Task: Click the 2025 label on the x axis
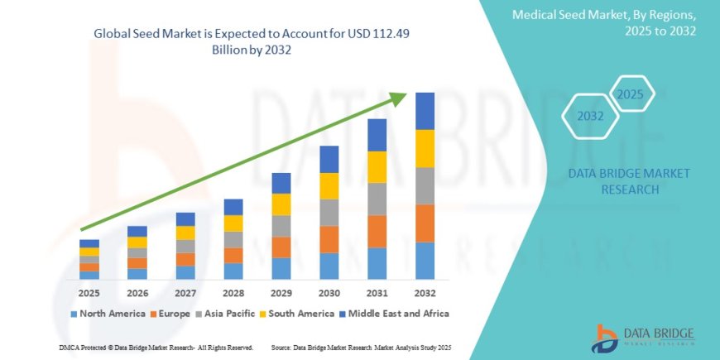coord(89,292)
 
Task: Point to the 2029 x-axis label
coord(281,292)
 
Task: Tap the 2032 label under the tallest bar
coord(425,292)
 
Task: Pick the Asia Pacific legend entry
coord(229,314)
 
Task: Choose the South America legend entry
coord(300,314)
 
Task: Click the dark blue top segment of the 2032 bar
coord(425,111)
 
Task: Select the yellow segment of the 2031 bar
coord(377,167)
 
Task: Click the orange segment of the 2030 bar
coord(329,239)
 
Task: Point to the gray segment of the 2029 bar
coord(281,226)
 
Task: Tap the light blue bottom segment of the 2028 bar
coord(233,271)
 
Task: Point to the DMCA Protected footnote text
coord(156,348)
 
